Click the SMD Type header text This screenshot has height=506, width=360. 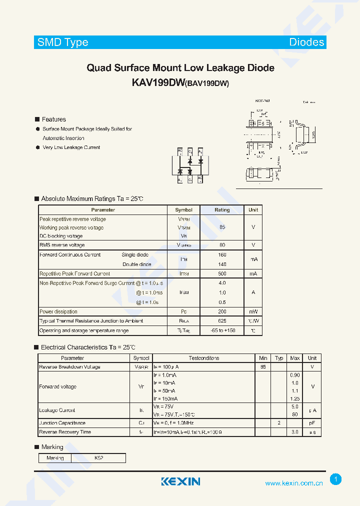click(63, 42)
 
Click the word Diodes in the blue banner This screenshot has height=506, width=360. click(306, 42)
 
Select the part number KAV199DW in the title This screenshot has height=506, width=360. click(158, 83)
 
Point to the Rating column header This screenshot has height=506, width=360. click(222, 210)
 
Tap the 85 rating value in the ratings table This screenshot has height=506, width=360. click(222, 227)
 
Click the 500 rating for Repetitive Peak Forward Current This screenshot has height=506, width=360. click(222, 274)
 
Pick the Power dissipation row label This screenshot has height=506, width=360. click(58, 311)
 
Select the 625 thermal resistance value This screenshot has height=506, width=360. click(222, 321)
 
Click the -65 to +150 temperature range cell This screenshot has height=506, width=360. click(222, 330)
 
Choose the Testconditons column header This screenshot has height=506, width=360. click(204, 358)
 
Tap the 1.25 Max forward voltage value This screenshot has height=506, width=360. click(295, 398)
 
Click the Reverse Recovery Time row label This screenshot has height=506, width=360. click(65, 432)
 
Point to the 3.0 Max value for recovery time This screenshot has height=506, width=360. click(295, 432)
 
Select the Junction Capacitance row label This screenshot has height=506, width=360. click(62, 423)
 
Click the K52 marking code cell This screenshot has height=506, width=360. click(98, 458)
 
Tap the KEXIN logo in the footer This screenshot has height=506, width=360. click(180, 481)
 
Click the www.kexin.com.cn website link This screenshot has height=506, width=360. click(294, 483)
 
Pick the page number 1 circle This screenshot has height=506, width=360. click(336, 479)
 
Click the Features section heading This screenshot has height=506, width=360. click(53, 119)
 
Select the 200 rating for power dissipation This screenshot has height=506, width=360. click(222, 311)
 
